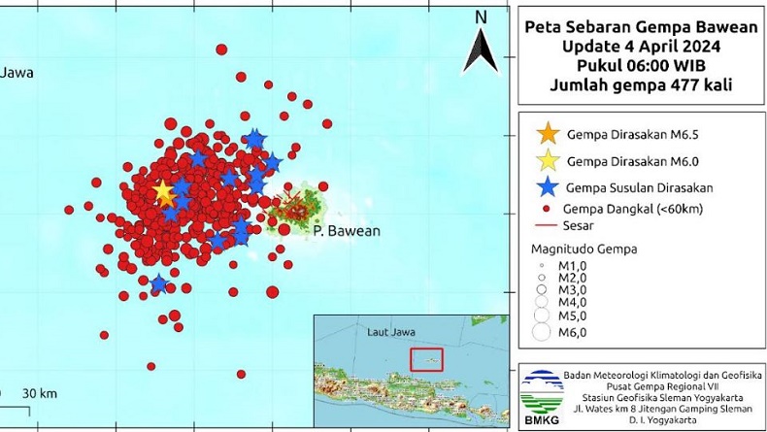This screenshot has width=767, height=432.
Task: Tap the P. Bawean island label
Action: click(x=347, y=231)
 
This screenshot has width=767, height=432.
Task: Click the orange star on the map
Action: click(x=163, y=192)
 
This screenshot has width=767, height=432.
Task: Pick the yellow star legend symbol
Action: click(x=548, y=159)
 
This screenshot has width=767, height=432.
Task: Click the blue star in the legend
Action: click(x=548, y=186)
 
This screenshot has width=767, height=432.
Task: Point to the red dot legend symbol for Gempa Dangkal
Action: click(x=548, y=207)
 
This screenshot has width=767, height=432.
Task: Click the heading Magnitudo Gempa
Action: click(x=584, y=248)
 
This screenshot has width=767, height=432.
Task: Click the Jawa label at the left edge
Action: click(x=14, y=71)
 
